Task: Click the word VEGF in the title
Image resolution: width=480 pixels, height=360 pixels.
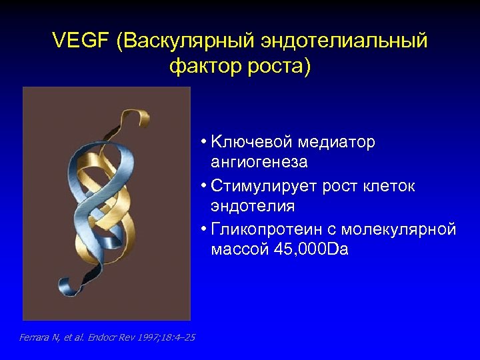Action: (x=80, y=42)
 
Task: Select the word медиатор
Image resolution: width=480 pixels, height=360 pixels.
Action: (x=337, y=143)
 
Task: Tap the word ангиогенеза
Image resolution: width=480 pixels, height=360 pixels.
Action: (x=259, y=163)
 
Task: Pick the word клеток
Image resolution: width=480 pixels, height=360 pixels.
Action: (x=389, y=186)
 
